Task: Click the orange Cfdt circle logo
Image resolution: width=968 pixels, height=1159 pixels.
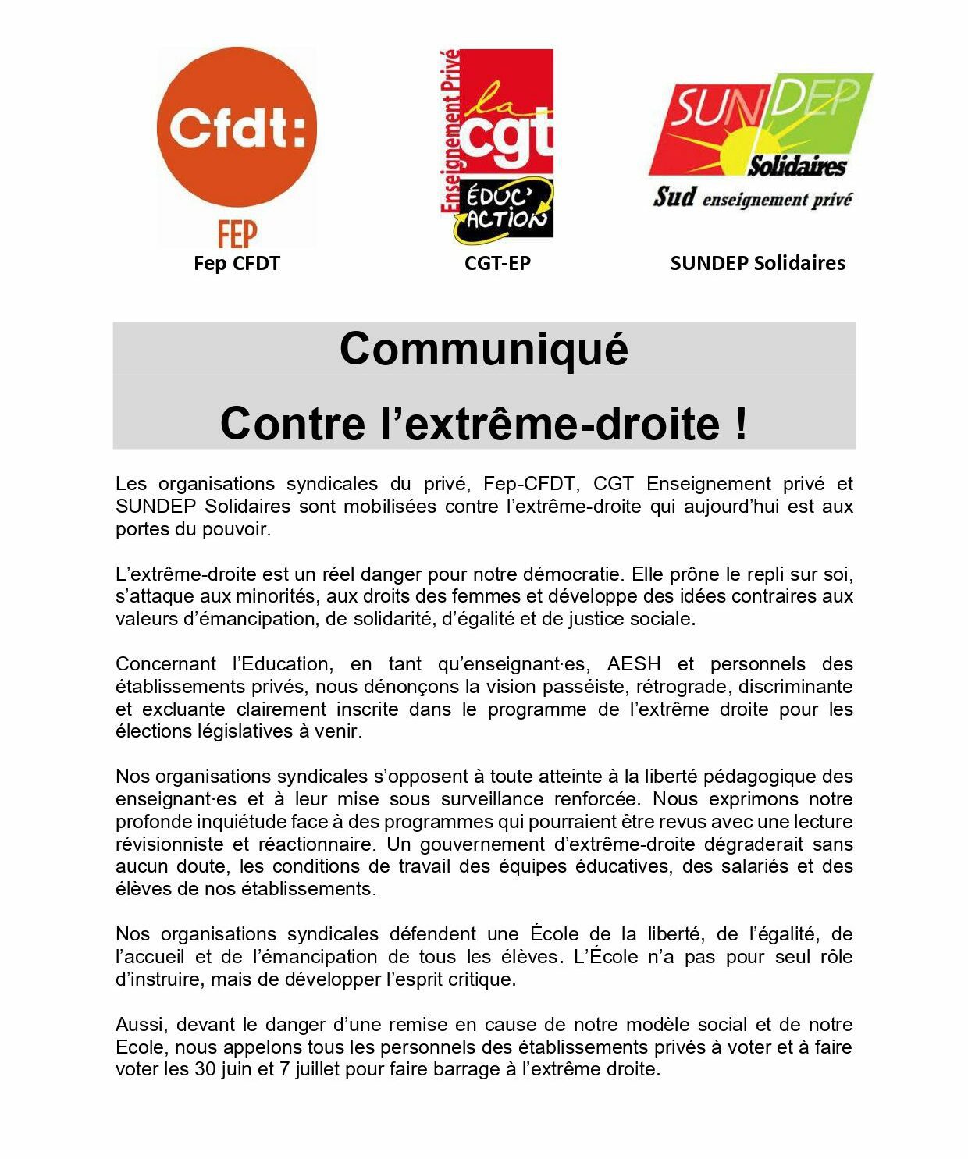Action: pos(237,127)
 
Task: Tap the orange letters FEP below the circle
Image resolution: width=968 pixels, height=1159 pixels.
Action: pos(237,233)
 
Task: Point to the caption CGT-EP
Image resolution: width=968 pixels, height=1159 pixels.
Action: pos(497,264)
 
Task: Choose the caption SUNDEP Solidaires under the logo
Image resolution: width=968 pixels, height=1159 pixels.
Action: pos(757,264)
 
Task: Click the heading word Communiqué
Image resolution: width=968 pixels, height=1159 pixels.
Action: pos(483,348)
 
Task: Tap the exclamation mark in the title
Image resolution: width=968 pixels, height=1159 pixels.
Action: pos(741,423)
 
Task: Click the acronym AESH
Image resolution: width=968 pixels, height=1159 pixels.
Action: pos(634,664)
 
